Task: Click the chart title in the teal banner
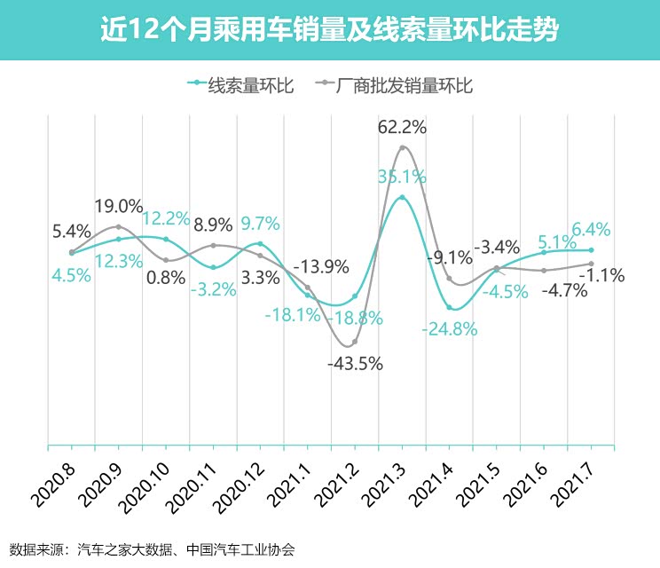[x=329, y=30]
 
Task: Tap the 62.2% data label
[x=402, y=127]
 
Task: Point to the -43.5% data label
[x=354, y=364]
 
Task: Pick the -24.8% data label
[x=450, y=328]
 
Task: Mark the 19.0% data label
[x=119, y=207]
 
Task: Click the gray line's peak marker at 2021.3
[x=403, y=147]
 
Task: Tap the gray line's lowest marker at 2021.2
[x=355, y=343]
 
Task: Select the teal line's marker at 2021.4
[x=450, y=307]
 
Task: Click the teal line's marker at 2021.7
[x=591, y=250]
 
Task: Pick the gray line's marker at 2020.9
[x=119, y=226]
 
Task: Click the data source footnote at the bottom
[x=152, y=549]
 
